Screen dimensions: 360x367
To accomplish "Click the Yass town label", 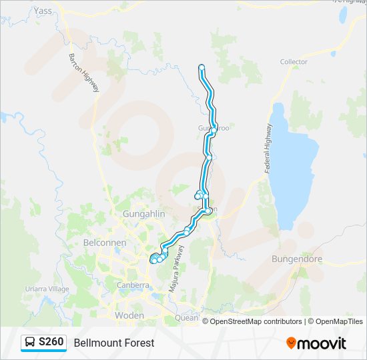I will pos(42,11).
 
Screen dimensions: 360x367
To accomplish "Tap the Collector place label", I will pos(294,62).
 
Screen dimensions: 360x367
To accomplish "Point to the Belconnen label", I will pos(105,243).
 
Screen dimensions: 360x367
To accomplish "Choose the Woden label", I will pos(129,315).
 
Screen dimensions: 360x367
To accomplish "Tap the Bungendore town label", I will pos(297,258).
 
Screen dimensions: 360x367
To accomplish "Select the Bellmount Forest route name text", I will pos(114,343).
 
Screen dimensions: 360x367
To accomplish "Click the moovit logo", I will pos(316,343).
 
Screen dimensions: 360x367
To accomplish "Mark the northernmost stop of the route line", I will pos(202,67).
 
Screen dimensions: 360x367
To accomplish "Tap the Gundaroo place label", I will pos(213,128).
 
